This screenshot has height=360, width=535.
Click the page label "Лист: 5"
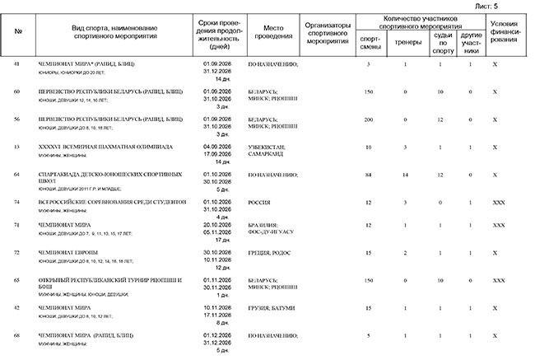click(510, 6)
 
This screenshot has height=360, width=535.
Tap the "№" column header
click(17, 34)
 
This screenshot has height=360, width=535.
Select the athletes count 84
click(369, 175)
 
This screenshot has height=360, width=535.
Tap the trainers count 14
click(405, 175)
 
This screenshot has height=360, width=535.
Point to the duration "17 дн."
click(218, 240)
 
